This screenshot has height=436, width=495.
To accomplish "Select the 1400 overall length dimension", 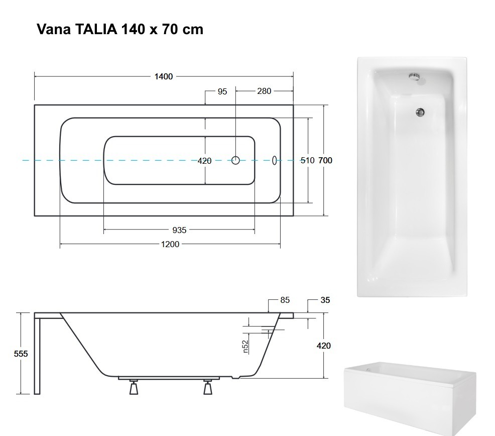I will [164, 77].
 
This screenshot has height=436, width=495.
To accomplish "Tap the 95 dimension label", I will [222, 91].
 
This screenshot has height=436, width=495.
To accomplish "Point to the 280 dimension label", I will [264, 91].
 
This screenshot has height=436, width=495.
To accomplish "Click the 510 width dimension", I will [307, 161].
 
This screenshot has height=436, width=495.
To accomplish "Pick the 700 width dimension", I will [325, 161].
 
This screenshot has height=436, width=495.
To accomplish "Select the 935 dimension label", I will [179, 230].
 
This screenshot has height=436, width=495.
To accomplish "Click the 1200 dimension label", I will [170, 244].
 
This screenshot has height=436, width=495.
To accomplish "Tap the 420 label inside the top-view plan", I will [204, 161].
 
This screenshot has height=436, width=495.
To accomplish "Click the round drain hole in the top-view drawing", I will [235, 160].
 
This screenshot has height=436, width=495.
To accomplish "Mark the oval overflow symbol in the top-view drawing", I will [274, 160].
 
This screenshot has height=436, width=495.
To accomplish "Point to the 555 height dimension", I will [21, 354].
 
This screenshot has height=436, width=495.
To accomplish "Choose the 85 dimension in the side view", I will [285, 300].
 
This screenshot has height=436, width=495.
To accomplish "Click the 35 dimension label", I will [325, 300].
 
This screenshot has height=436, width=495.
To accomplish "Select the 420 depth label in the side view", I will [324, 346].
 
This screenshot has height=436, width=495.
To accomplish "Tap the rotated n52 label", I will [246, 347].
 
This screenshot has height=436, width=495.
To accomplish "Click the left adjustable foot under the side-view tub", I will [134, 387].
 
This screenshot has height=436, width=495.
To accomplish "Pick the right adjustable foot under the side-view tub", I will [208, 387].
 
